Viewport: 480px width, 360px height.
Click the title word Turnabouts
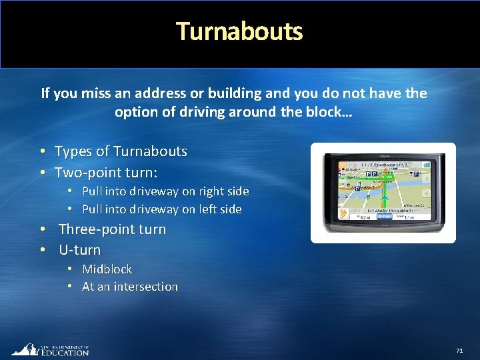click(239, 31)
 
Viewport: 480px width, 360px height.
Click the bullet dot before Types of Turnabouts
click(41, 151)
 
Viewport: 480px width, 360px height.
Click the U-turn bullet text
click(79, 251)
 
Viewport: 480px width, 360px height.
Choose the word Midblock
click(107, 269)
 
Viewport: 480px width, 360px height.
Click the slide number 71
click(459, 351)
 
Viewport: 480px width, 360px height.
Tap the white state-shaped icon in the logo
click(24, 349)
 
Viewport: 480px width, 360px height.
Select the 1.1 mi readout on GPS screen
click(409, 217)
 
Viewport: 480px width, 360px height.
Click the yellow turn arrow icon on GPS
click(344, 213)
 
